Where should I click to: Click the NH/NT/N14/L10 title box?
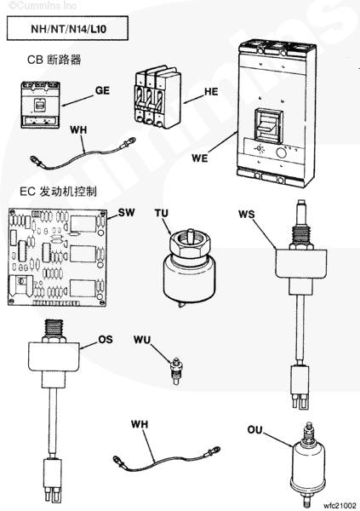[67, 28]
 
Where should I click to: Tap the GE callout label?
[102, 90]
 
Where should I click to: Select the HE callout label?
[211, 92]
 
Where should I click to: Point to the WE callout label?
[199, 158]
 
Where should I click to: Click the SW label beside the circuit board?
[126, 212]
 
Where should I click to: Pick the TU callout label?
[162, 214]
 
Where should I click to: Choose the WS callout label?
[247, 215]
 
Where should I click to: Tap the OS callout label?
[106, 340]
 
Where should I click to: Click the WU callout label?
[142, 340]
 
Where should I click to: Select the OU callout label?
[254, 430]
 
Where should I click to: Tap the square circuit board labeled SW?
[58, 257]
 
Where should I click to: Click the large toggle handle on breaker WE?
[269, 126]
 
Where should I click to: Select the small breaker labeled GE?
[41, 105]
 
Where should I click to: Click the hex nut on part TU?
[190, 242]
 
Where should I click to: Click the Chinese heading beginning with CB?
[54, 60]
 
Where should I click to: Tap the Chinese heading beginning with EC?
[59, 192]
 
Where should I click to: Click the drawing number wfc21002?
[340, 505]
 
